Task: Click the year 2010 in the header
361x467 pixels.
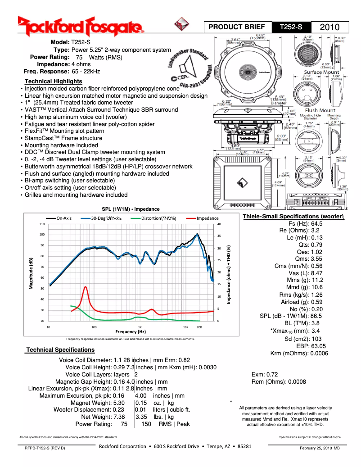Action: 333,27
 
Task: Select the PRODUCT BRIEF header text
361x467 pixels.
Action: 237,27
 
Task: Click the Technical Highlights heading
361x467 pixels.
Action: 53,81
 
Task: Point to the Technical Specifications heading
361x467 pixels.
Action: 60,349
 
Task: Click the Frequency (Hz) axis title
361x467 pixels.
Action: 130,331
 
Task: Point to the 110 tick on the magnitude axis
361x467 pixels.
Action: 42,224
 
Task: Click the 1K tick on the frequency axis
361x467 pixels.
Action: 140,326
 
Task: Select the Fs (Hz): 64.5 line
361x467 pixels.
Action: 305,223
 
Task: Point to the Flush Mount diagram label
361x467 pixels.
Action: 320,110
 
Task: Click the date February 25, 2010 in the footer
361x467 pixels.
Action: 320,448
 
